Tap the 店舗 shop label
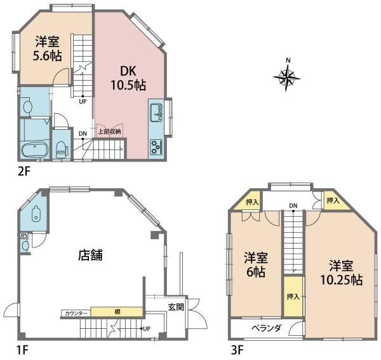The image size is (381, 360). tap(90, 255)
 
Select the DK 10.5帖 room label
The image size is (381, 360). tap(128, 78)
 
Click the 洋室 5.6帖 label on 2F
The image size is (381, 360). tap(47, 48)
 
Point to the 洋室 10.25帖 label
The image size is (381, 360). tap(341, 273)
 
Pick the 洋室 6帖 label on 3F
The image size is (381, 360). tap(256, 265)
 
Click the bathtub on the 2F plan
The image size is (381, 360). tap(35, 149)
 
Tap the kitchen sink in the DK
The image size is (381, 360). tap(157, 113)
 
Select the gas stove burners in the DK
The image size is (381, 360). tap(156, 147)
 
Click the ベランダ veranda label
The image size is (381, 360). tap(266, 328)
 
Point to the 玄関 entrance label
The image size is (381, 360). tap(176, 307)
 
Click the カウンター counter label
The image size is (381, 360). tap(76, 314)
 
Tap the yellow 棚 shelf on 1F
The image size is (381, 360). tap(117, 312)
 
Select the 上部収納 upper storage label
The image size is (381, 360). tap(109, 132)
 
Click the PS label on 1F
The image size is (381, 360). tap(24, 235)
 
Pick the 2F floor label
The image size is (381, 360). tap(24, 172)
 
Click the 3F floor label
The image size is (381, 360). tap(237, 350)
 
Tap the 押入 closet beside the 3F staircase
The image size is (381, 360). tap(294, 296)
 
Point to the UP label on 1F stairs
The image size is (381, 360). tap(147, 329)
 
